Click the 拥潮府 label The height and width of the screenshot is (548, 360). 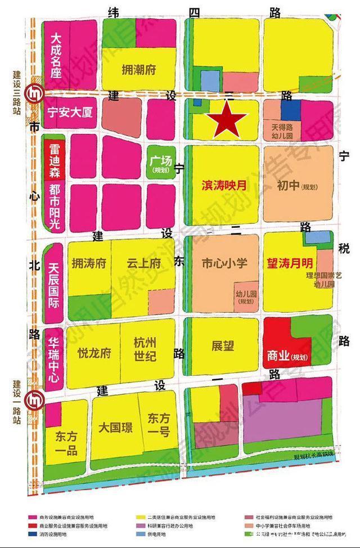click(x=138, y=70)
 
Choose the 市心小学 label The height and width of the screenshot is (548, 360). click(x=224, y=263)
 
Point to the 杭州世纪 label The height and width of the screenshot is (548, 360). click(x=145, y=348)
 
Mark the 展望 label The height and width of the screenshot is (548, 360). click(x=223, y=345)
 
